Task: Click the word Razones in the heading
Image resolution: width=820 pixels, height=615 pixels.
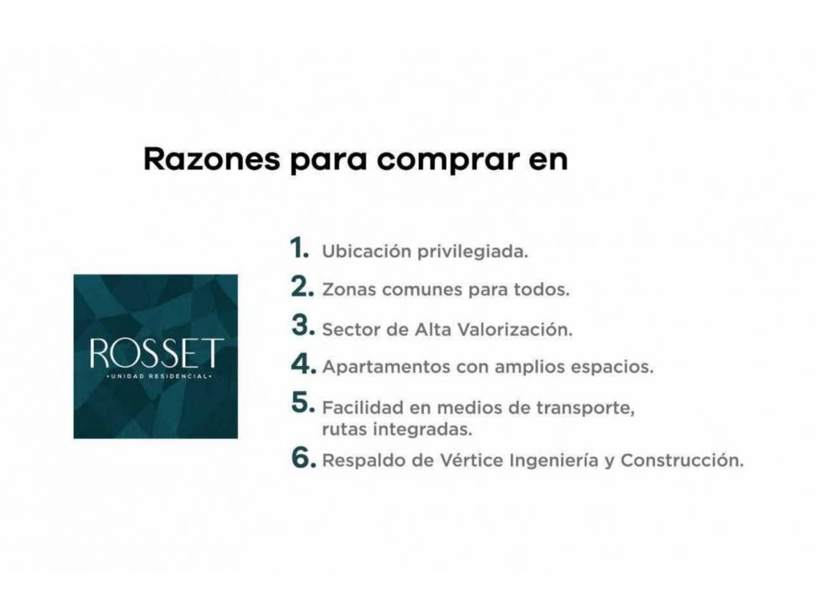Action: [x=212, y=159]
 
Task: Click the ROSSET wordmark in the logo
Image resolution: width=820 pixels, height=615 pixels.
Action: [x=157, y=353]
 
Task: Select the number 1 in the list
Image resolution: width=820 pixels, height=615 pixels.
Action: [x=300, y=247]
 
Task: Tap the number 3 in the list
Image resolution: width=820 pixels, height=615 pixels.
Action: [x=303, y=325]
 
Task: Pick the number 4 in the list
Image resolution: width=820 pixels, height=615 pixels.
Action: [x=304, y=364]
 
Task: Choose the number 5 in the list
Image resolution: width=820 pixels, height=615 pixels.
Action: [x=303, y=403]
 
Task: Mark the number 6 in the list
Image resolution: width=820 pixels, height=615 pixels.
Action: [x=304, y=457]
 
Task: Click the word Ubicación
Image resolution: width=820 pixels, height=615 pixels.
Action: [x=367, y=251]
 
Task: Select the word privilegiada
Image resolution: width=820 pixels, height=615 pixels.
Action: [x=472, y=252]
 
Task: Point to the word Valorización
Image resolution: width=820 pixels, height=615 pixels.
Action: [x=514, y=329]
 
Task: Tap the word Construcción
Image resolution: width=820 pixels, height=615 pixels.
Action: [x=682, y=460]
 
